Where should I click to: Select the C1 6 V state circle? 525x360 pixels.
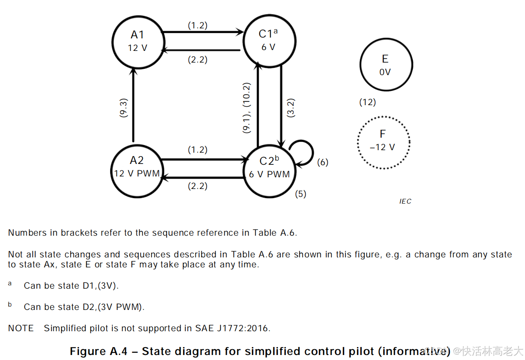pos(269,41)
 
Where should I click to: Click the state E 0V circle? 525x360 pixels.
pos(386,65)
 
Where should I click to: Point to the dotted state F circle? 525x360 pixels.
pos(384,142)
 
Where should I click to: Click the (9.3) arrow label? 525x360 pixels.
pos(123,108)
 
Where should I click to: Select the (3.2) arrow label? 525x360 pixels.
pos(291,108)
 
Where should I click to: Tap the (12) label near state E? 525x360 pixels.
pos(367,102)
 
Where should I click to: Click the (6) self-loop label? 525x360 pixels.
pos(322,162)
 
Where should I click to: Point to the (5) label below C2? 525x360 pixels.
pos(301,194)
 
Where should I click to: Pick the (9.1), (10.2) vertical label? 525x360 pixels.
pos(247,108)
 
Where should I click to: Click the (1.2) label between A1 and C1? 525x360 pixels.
pos(197,25)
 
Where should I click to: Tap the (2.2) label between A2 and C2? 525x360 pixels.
pos(197,186)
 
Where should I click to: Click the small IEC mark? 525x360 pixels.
pos(405,201)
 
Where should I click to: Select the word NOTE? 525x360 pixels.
pos(21,328)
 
